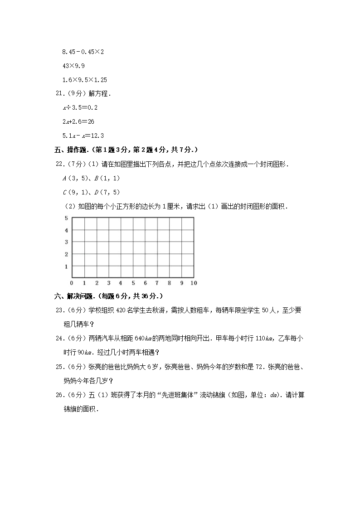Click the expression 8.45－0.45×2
pyautogui.click(x=83, y=52)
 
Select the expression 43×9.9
pyautogui.click(x=73, y=66)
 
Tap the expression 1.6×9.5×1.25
pyautogui.click(x=84, y=80)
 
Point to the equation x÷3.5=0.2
pyautogui.click(x=80, y=107)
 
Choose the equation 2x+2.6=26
pyautogui.click(x=78, y=121)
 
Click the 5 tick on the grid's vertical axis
pyautogui.click(x=66, y=218)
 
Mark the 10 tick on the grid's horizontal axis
pyautogui.click(x=194, y=283)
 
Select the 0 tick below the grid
pyautogui.click(x=72, y=283)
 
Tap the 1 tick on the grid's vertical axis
pyautogui.click(x=66, y=266)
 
